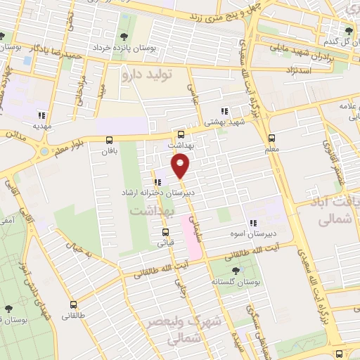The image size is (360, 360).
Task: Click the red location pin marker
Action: point(181,167)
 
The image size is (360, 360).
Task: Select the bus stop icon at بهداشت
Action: point(181,134)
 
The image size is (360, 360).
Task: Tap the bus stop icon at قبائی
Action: point(165,231)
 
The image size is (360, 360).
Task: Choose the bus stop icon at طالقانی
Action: point(73,305)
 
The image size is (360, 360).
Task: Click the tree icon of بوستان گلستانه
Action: point(235,269)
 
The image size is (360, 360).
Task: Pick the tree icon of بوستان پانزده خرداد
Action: point(124,36)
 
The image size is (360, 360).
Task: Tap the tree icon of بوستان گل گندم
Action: point(349,30)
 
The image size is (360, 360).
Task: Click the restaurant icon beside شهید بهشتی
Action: point(225,110)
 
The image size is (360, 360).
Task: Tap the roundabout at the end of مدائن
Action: point(45,150)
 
